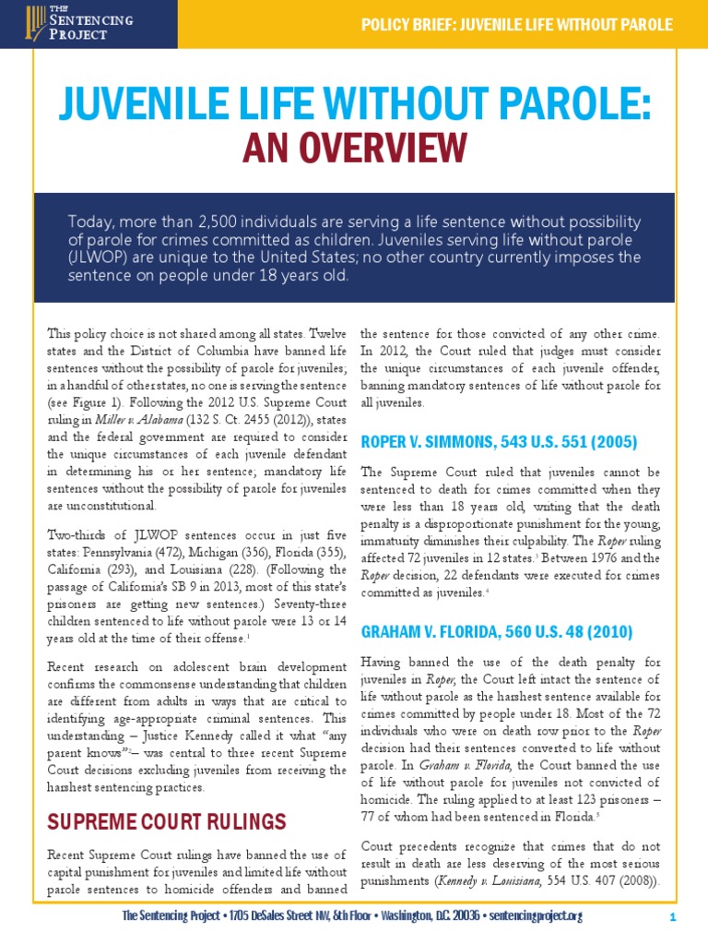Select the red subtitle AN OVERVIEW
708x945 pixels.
point(354,147)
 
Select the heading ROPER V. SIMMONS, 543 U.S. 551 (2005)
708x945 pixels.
point(498,442)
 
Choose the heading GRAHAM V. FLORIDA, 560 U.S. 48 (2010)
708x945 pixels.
point(497,632)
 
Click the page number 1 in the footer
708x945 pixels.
point(674,916)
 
